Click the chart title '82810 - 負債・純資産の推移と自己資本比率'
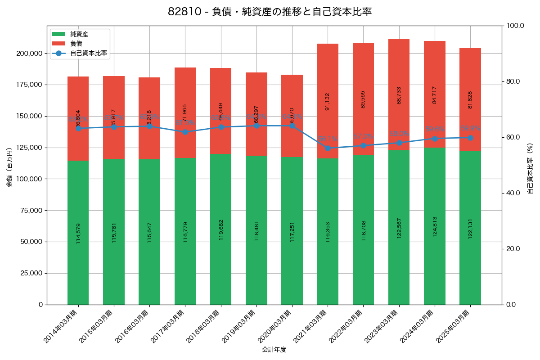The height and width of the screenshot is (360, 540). (x=270, y=12)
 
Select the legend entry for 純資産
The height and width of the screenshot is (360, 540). (x=79, y=34)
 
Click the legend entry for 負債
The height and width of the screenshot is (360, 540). (x=76, y=44)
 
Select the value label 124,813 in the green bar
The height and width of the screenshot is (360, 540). (x=435, y=227)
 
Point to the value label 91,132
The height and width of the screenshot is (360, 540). (x=328, y=101)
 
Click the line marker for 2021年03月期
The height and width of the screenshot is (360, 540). (x=328, y=148)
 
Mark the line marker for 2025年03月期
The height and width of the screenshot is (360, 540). (x=470, y=138)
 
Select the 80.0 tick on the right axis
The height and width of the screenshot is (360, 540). (x=513, y=81)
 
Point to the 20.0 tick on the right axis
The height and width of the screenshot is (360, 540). (x=513, y=249)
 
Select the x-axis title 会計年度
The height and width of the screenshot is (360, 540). (x=274, y=349)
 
